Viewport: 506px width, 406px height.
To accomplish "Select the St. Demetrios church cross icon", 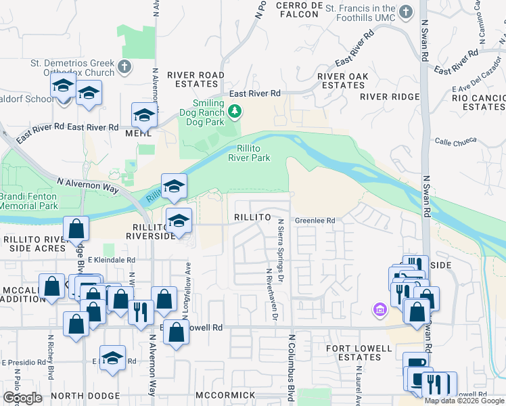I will pyautogui.click(x=124, y=66).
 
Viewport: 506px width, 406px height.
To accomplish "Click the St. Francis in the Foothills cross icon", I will pyautogui.click(x=405, y=12).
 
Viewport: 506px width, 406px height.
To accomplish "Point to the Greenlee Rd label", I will pyautogui.click(x=315, y=221).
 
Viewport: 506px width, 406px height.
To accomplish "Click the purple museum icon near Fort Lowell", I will pyautogui.click(x=379, y=310).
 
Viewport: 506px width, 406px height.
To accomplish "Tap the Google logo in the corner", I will pyautogui.click(x=22, y=398).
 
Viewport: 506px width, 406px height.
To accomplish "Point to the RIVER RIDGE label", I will pyautogui.click(x=390, y=96).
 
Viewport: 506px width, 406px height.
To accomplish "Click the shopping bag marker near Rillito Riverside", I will pyautogui.click(x=76, y=228).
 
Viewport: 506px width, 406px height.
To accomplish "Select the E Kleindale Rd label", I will pyautogui.click(x=112, y=259).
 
